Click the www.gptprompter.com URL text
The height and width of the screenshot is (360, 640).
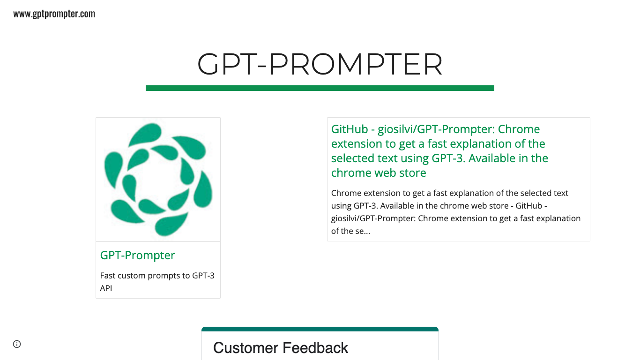[54, 14]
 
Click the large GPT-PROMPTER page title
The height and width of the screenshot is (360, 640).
[320, 64]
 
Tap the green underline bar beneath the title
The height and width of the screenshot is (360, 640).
[320, 88]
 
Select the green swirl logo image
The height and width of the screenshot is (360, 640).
[158, 179]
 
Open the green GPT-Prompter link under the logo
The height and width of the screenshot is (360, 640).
[137, 255]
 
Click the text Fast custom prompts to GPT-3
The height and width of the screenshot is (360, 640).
[157, 276]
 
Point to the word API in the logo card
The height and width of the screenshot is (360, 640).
[106, 288]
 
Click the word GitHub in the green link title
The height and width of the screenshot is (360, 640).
[350, 129]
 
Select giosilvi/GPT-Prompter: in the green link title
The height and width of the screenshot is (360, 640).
[436, 129]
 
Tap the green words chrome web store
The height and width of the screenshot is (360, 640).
[379, 173]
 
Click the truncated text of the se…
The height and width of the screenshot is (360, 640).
[350, 231]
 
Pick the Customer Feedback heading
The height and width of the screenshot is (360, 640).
[281, 348]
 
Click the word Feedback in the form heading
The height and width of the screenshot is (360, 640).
[315, 348]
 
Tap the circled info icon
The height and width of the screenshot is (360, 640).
[17, 344]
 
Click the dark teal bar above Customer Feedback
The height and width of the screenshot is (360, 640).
[320, 329]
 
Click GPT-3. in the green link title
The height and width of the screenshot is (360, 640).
[448, 158]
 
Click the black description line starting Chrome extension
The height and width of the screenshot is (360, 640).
[450, 193]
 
